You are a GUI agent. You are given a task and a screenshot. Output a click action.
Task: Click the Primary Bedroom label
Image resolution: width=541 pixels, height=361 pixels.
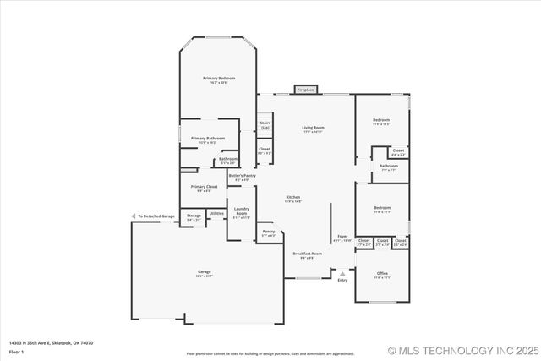[218, 79]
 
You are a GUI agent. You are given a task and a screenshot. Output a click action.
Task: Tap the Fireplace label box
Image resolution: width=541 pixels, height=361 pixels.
[305, 90]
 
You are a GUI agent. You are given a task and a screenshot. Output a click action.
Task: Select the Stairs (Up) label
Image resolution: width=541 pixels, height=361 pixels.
[265, 125]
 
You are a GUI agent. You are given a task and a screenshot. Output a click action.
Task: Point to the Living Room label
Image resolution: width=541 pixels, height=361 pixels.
[314, 129]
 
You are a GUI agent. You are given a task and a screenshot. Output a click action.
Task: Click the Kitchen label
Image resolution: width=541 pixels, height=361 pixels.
[292, 200]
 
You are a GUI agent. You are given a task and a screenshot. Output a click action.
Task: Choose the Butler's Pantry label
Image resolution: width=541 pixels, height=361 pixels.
[241, 177]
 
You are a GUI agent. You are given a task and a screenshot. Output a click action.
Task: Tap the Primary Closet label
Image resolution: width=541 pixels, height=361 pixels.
[204, 188]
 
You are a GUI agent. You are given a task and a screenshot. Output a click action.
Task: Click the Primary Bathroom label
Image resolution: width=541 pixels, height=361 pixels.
[207, 139]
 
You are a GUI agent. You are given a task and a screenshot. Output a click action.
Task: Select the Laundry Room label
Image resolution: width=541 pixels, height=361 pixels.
[241, 211]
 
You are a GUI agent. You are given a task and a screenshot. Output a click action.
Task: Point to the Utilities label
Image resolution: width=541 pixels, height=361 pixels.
[216, 213]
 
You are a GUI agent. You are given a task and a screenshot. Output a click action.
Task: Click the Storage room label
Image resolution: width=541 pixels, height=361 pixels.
[194, 217]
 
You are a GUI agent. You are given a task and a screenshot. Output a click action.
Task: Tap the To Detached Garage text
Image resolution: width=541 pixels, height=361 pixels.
[156, 216]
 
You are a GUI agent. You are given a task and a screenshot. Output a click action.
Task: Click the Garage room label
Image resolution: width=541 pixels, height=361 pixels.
[205, 273]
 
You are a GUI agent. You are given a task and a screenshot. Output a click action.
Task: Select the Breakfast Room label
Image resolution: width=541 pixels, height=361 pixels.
[308, 255]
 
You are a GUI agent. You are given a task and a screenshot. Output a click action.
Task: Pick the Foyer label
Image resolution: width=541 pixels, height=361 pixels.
[342, 238]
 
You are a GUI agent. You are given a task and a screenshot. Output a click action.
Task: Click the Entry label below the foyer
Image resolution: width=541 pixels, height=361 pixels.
[342, 280]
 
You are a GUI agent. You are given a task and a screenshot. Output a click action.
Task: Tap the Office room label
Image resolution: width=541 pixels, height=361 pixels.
[382, 275]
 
